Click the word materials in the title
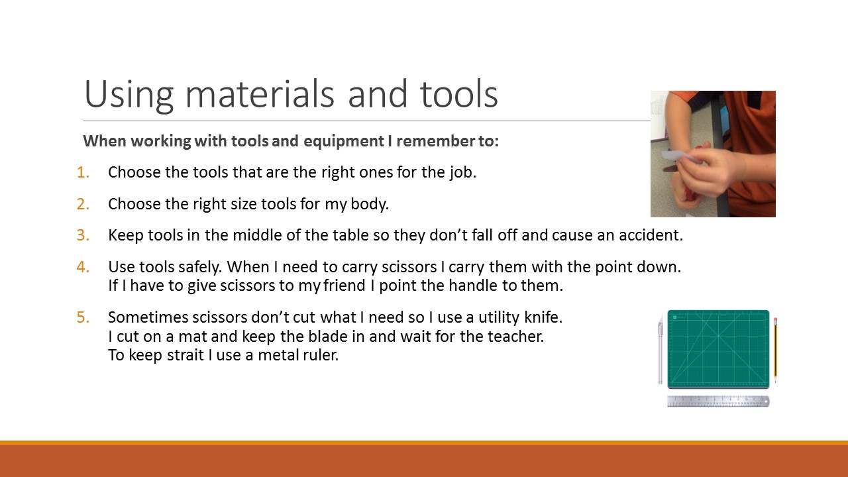tap(260, 94)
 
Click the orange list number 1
tap(83, 173)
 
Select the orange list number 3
tap(83, 235)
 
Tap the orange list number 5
tap(83, 317)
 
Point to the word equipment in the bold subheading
tap(344, 142)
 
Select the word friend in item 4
tap(344, 286)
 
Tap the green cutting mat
tap(718, 349)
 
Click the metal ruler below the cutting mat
tap(718, 401)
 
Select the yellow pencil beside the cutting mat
tap(775, 350)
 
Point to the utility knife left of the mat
tap(661, 349)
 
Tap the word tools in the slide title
tap(459, 94)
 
